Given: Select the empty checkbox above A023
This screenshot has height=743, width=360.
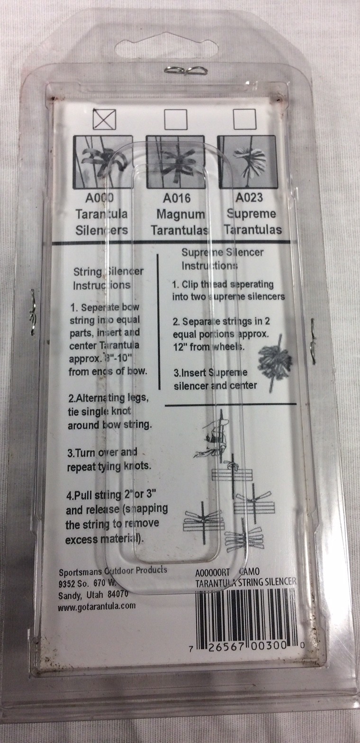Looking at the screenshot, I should click(245, 119).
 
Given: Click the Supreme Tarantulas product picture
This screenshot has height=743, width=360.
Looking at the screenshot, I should click(246, 162).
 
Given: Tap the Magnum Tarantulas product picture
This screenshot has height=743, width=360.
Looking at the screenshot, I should click(177, 162).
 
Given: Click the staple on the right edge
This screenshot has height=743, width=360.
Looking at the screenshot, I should click(314, 341).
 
